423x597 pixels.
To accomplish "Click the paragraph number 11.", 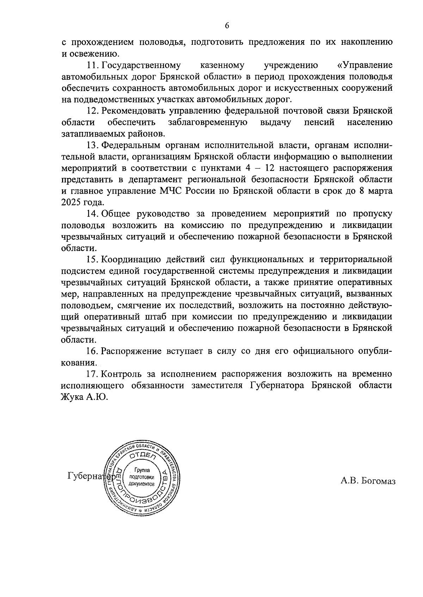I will [92, 66].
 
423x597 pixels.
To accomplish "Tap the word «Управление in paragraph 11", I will [364, 66].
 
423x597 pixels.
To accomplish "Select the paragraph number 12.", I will [92, 111].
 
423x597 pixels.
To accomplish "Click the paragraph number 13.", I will [92, 145].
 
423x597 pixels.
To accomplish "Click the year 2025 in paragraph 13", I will [71, 203].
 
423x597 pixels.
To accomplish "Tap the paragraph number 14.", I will [92, 213].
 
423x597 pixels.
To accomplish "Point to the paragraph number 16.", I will [92, 351].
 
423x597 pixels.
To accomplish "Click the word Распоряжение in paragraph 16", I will [131, 351].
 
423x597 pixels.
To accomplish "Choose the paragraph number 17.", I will [92, 374].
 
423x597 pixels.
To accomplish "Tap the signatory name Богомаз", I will [378, 481].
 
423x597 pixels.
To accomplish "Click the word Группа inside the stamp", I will [142, 470].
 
